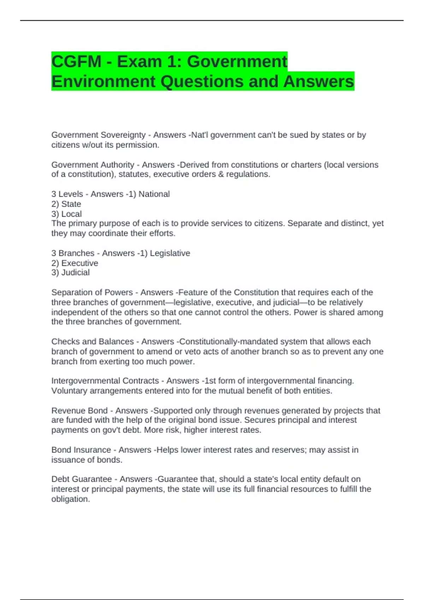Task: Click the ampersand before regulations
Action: pyautogui.click(x=221, y=174)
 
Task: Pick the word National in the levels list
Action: pyautogui.click(x=154, y=194)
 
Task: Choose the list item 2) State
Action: pyautogui.click(x=66, y=204)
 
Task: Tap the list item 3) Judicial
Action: pyautogui.click(x=70, y=272)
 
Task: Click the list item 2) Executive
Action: pyautogui.click(x=75, y=263)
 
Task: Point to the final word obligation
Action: pyautogui.click(x=70, y=499)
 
